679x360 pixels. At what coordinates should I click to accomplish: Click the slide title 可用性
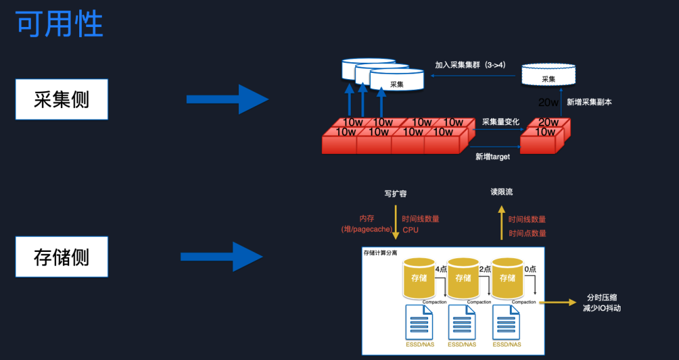click(x=59, y=25)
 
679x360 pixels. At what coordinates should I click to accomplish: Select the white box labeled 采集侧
click(x=62, y=99)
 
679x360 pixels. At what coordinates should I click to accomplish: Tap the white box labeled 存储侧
click(x=62, y=257)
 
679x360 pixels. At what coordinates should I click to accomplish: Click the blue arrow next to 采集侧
click(x=227, y=99)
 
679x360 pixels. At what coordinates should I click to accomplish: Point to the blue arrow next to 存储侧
click(x=221, y=257)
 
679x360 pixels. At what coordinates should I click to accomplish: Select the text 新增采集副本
click(x=589, y=102)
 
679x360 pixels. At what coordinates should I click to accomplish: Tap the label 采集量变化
click(x=500, y=122)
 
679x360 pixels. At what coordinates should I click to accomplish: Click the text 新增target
click(x=492, y=156)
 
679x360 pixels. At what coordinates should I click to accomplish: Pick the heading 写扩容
click(x=395, y=194)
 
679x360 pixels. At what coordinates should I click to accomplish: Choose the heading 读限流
click(x=501, y=192)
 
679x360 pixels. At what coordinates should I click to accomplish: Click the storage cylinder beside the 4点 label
click(x=418, y=278)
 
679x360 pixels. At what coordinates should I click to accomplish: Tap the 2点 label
click(x=485, y=269)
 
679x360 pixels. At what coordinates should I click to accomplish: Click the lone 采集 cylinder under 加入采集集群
click(x=548, y=75)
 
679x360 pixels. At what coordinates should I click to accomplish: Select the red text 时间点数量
click(x=527, y=233)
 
